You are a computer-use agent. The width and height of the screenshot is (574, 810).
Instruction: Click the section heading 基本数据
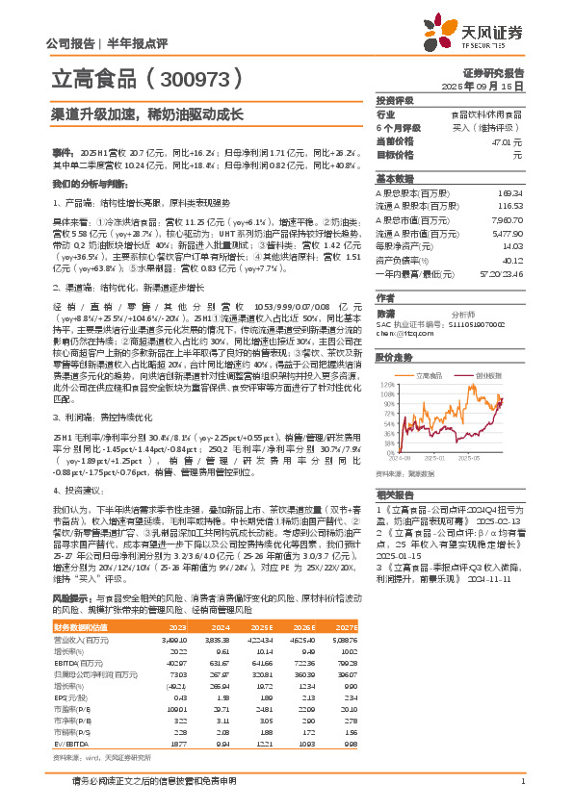(x=394, y=179)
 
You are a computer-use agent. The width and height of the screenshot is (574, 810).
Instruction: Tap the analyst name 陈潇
(x=385, y=314)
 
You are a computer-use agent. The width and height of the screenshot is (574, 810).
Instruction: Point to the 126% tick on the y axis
(x=384, y=383)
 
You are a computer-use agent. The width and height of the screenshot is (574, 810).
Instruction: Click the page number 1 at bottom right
(x=522, y=781)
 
